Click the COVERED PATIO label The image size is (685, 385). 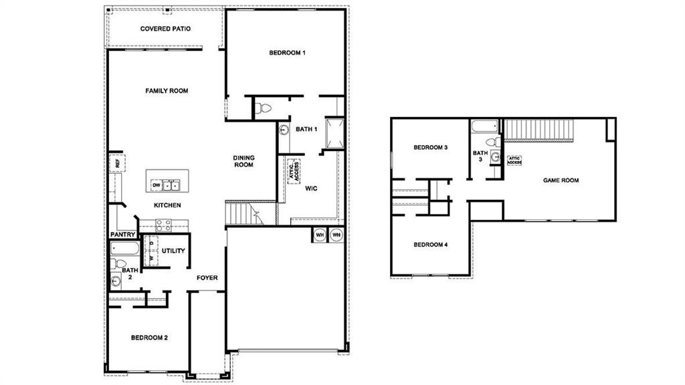[x=165, y=29]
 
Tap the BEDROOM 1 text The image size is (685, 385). [x=287, y=53]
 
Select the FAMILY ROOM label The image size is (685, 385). [x=167, y=91]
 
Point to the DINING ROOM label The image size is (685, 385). [x=243, y=161]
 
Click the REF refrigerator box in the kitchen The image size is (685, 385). [x=116, y=162]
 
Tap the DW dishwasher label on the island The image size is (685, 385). [x=155, y=184]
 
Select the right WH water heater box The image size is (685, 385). [x=336, y=235]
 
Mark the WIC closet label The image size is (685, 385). [x=311, y=189]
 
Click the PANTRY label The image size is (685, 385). [x=123, y=235]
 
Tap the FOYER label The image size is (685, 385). [x=207, y=277]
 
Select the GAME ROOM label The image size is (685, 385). [x=561, y=180]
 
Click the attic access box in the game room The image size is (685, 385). [x=514, y=160]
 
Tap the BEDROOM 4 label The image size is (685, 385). [x=430, y=245]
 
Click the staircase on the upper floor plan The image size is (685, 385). [x=539, y=128]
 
